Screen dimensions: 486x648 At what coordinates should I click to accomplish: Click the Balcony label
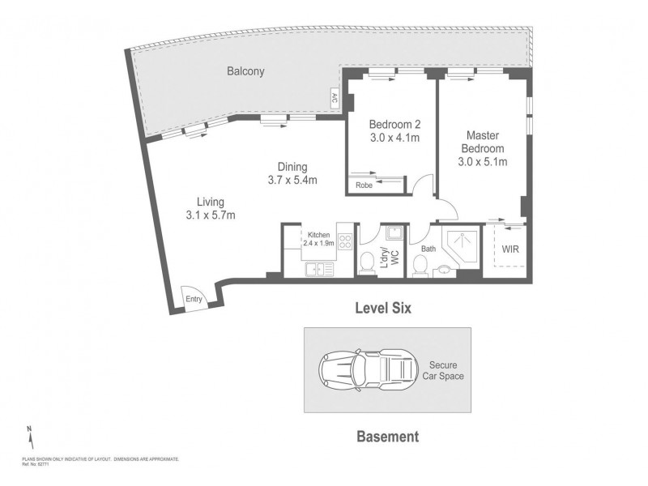[x=245, y=71]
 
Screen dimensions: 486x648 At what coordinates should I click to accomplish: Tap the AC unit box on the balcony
[x=334, y=98]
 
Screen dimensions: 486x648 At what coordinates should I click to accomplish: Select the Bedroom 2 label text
[x=394, y=125]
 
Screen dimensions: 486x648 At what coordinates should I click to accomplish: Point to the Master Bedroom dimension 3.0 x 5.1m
[x=482, y=162]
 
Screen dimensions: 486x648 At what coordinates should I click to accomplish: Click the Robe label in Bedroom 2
[x=364, y=185]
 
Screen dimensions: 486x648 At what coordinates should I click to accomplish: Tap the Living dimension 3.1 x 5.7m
[x=210, y=215]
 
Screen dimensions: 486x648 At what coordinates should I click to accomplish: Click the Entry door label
[x=194, y=299]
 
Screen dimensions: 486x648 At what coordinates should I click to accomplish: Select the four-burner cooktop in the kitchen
[x=344, y=241]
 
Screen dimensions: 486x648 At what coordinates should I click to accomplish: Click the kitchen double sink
[x=320, y=268]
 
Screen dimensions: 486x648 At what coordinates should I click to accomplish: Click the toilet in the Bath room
[x=420, y=264]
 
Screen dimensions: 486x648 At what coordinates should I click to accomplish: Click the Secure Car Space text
[x=444, y=370]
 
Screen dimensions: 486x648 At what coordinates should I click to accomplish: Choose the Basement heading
[x=388, y=437]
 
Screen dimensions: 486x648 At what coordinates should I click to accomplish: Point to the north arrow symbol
[x=30, y=437]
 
